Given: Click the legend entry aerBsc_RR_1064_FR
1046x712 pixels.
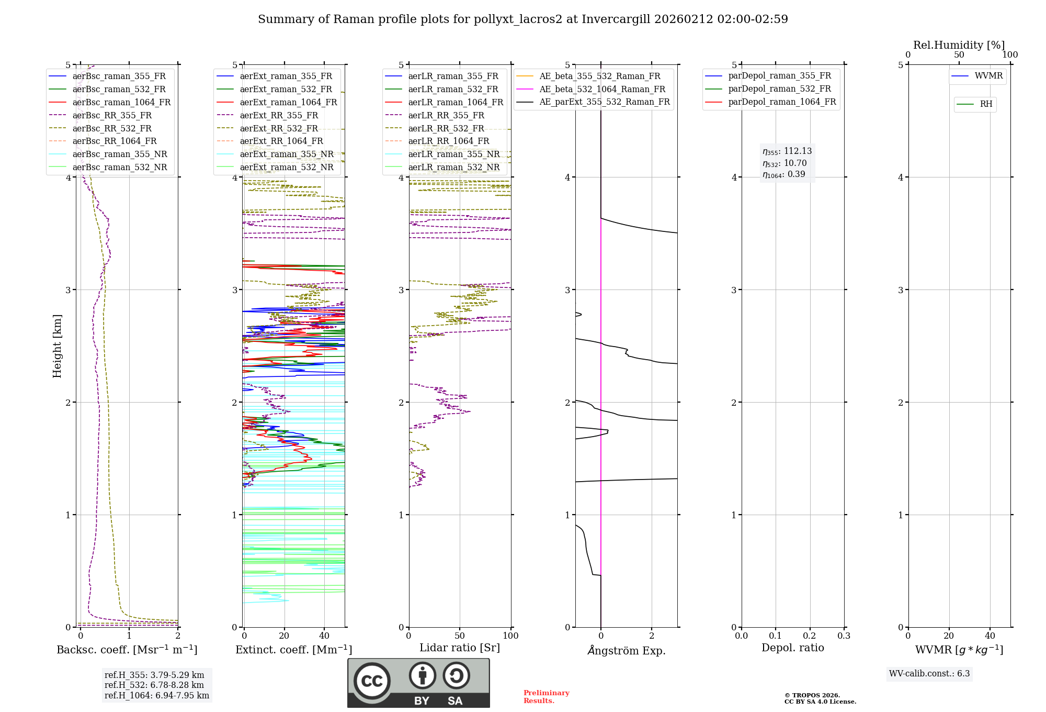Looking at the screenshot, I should point(114,141).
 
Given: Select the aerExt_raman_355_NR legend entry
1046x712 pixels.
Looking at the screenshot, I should point(286,154).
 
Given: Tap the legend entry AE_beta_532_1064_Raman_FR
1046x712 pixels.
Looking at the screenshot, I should point(602,89).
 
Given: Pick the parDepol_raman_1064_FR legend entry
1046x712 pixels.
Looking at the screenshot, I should point(782,102).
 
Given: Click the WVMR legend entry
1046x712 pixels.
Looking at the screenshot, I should point(988,76).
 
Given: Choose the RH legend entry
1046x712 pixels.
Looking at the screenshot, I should point(986,104).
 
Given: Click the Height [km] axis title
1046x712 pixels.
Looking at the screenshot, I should point(57,346).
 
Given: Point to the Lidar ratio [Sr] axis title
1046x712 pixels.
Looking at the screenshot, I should point(460,648).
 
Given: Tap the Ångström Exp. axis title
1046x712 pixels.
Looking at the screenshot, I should point(626,651).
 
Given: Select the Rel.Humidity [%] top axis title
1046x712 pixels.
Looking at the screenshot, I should point(959,45).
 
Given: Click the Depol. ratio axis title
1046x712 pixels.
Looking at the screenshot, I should point(792,648).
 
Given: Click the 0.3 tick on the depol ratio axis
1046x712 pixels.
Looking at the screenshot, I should point(844,636).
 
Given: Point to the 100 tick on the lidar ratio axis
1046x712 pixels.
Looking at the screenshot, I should point(510,636).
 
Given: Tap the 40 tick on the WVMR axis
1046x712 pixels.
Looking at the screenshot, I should point(990,636).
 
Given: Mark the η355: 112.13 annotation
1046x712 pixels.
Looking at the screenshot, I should point(787,151).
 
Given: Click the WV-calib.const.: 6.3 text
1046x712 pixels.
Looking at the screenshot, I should point(929,674).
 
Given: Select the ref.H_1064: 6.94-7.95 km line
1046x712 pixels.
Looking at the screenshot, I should point(157,696).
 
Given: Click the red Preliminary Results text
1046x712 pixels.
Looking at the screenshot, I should point(546,697).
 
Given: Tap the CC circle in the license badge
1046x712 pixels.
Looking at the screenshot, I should point(372,681).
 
